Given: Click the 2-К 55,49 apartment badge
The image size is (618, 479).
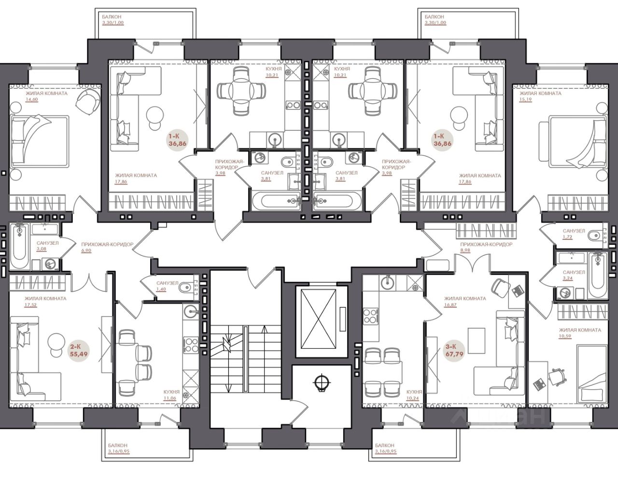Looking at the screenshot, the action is click(x=79, y=351).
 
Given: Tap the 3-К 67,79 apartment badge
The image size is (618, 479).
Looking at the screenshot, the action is click(x=454, y=351).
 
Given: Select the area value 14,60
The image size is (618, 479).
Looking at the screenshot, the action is click(x=31, y=99).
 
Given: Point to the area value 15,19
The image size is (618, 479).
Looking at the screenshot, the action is click(x=525, y=99).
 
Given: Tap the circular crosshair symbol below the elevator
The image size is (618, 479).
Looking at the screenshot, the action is click(x=322, y=383).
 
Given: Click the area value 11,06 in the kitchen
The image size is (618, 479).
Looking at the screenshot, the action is click(x=170, y=398).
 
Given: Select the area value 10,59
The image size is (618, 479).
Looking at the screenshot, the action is click(x=565, y=336).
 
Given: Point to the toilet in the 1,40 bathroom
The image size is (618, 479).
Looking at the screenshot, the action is click(x=186, y=288).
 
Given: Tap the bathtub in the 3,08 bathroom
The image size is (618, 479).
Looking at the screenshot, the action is click(x=19, y=246).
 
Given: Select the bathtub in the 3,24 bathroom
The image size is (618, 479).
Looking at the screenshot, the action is click(x=597, y=275).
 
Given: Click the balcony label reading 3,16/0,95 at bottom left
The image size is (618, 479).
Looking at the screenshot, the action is click(x=119, y=451).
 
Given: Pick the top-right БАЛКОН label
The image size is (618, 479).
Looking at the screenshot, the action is click(x=434, y=17).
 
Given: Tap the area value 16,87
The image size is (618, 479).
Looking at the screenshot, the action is click(x=450, y=305).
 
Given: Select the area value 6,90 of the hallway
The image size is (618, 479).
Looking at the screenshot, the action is click(x=86, y=250).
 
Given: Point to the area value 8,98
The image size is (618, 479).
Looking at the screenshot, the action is click(x=465, y=250).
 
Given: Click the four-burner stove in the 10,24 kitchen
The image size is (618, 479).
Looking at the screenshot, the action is click(x=371, y=316).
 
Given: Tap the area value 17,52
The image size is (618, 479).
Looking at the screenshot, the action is click(x=30, y=305).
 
